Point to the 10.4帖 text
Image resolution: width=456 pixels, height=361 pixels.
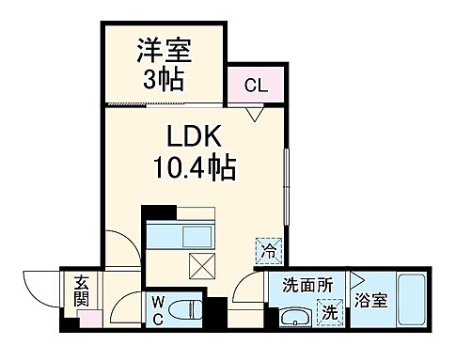[194, 169]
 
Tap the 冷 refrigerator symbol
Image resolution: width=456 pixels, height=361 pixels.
[266, 251]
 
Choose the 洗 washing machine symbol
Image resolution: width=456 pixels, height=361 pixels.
[330, 309]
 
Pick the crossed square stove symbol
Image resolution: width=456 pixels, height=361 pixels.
[201, 266]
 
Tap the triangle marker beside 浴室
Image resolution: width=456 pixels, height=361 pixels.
[356, 280]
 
